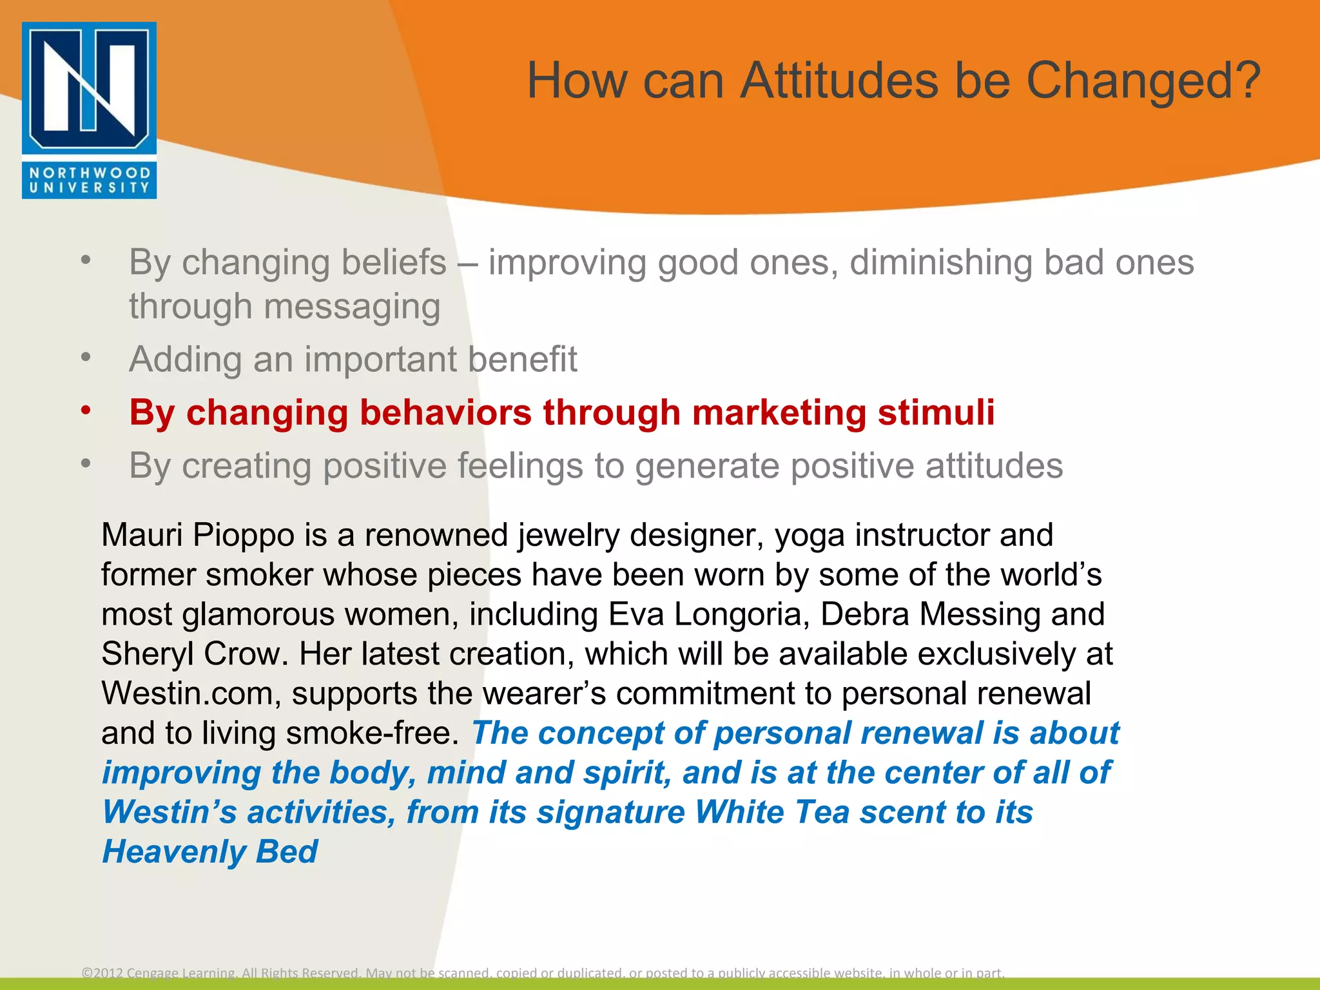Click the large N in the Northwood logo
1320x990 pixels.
[89, 87]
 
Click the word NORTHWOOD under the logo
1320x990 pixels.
[89, 173]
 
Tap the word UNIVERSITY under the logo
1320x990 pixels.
[89, 188]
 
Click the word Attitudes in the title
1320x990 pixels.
[839, 81]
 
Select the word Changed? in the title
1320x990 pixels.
[1143, 81]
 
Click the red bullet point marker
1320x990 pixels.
[86, 411]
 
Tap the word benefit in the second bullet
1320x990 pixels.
[522, 359]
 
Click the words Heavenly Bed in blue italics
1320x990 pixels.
[210, 852]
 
